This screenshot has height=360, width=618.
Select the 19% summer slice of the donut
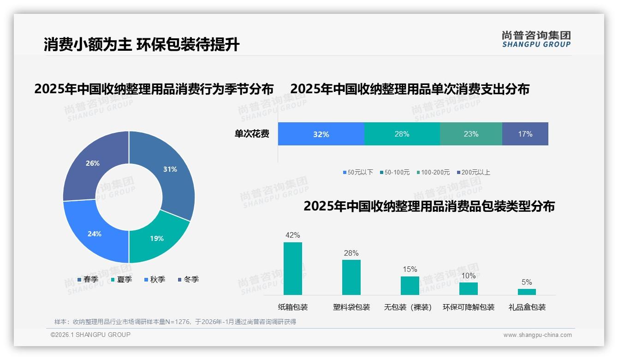coord(157,238)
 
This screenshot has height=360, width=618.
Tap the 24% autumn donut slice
coord(95,234)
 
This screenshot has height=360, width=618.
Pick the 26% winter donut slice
coord(93,163)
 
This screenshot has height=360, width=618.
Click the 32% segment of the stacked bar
coord(321,134)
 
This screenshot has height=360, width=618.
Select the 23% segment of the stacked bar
coord(471,134)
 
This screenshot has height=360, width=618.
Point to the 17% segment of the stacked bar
coord(525,134)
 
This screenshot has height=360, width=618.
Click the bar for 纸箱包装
coord(292,269)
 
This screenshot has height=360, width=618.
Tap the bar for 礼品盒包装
coord(527,292)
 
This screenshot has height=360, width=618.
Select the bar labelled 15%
coord(410,286)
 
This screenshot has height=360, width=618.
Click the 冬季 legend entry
coord(189,279)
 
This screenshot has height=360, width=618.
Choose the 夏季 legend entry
coord(122,279)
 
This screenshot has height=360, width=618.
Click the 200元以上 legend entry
coord(473,172)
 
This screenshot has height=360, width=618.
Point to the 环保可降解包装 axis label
coord(469,307)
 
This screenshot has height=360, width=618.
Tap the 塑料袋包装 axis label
coord(351,307)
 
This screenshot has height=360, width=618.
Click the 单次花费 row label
coord(252,134)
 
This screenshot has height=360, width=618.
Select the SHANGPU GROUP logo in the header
coord(536,39)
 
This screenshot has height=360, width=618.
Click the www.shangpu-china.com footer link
coord(537,335)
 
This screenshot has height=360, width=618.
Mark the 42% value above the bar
coord(292,235)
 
